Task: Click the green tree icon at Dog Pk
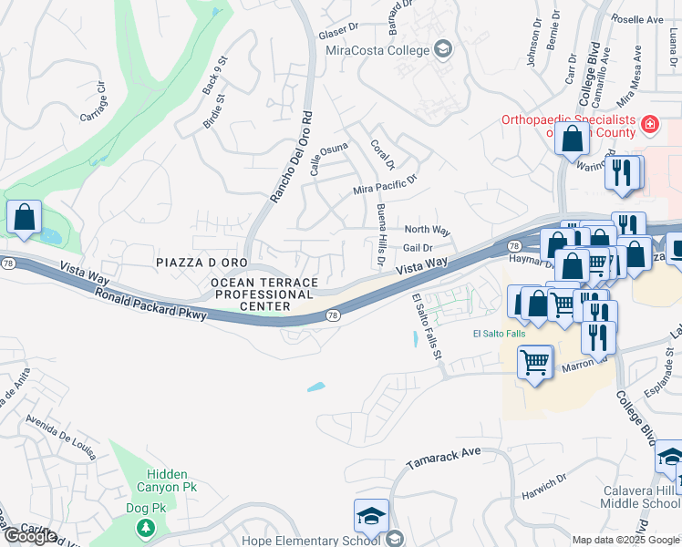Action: click(x=144, y=527)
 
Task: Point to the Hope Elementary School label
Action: click(x=310, y=539)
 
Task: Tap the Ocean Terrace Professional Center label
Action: click(x=263, y=294)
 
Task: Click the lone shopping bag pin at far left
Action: click(x=24, y=219)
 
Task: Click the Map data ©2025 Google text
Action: click(x=625, y=540)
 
